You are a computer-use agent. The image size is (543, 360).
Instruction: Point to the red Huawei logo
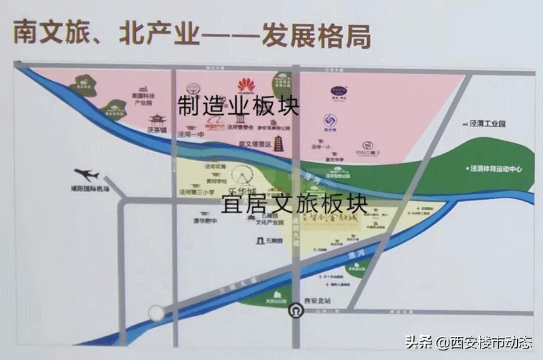click(x=246, y=85)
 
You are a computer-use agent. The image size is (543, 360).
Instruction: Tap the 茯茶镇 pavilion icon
click(x=157, y=120)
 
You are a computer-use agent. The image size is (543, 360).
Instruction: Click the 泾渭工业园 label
click(x=488, y=124)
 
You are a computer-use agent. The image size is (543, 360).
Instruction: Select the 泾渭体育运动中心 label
click(x=495, y=168)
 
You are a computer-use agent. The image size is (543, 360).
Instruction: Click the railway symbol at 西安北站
click(x=296, y=312)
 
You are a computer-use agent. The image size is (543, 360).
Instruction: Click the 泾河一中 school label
click(x=191, y=135)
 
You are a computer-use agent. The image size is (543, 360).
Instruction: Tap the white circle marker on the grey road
click(x=157, y=312)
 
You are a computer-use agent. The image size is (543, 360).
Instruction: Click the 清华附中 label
click(x=204, y=220)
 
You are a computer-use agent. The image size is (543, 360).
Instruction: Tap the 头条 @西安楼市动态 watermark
click(x=468, y=342)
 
